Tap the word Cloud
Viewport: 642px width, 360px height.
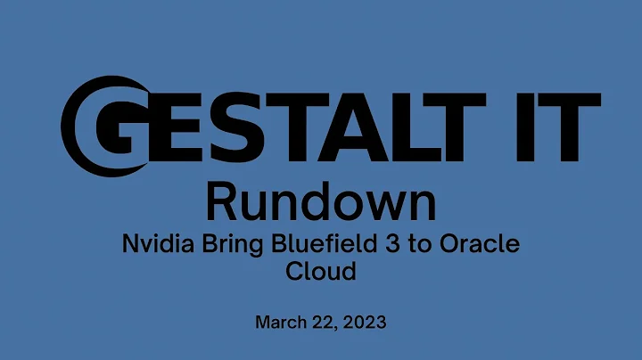point(320,272)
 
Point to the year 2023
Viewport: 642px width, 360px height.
point(365,322)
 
